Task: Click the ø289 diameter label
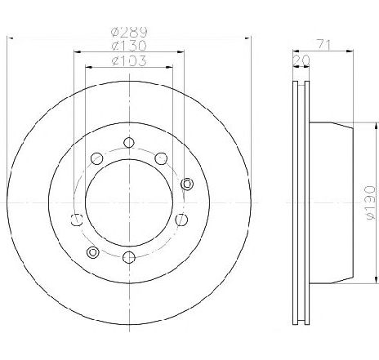point(129,33)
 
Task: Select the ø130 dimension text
point(129,46)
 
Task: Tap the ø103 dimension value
point(129,60)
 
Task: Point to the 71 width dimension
point(324,45)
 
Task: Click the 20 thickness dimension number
point(301,60)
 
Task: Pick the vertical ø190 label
point(370,202)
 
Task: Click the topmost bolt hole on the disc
point(129,142)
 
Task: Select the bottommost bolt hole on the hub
point(129,257)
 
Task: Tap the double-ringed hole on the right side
point(187,184)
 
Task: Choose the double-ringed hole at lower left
point(92,251)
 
